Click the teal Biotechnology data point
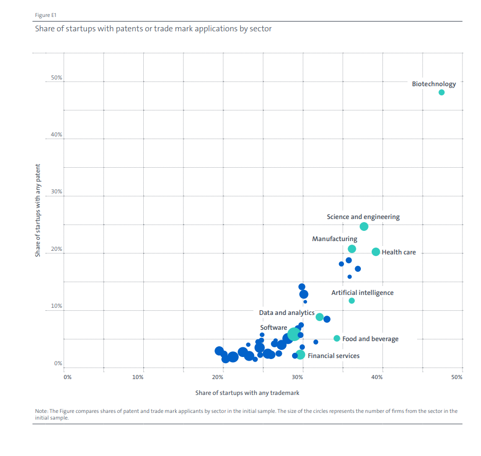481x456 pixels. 441,92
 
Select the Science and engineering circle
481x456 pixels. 364,226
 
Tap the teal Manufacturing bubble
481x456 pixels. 352,249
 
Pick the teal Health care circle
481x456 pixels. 376,252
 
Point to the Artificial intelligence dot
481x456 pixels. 352,301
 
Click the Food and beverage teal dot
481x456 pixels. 337,339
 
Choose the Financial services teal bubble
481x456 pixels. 301,354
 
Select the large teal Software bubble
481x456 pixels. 294,334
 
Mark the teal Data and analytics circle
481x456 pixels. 319,317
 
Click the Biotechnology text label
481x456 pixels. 434,84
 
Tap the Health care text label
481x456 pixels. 399,252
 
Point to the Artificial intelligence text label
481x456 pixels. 362,293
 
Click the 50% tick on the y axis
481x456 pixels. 56,78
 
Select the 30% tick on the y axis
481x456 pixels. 56,192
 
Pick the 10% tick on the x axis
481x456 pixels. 138,377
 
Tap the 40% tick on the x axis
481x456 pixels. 377,377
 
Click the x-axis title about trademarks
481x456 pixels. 247,393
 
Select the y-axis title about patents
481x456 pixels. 37,211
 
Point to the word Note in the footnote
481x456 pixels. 41,411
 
